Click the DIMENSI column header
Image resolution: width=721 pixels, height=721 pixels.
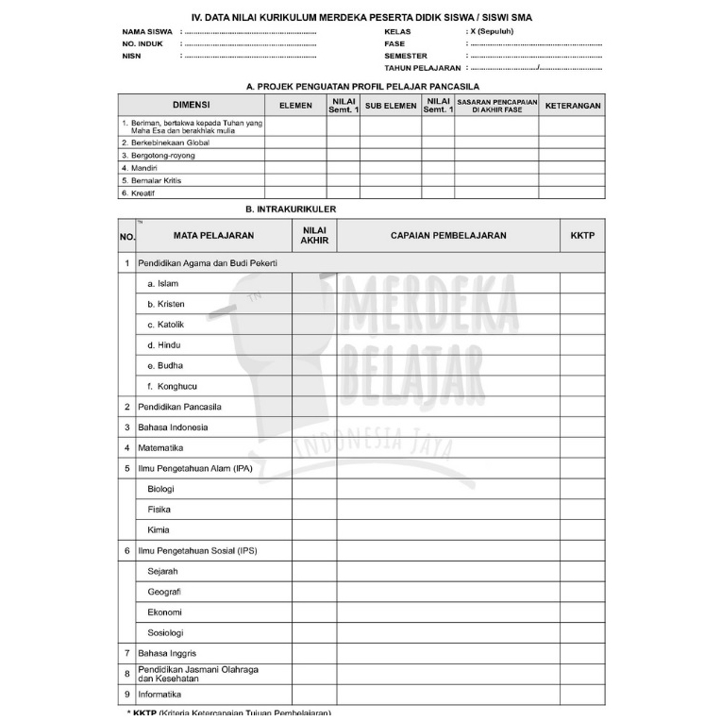point(191,106)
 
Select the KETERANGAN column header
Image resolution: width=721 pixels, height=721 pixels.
point(572,106)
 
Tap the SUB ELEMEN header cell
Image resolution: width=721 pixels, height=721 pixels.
point(391,106)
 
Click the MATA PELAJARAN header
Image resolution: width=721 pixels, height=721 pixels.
point(213,235)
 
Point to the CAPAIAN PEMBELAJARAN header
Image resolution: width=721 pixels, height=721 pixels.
point(448,235)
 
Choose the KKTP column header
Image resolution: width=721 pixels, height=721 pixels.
point(582,235)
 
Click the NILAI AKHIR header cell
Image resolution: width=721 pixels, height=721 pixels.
point(314,235)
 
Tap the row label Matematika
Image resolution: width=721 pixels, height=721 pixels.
point(160,447)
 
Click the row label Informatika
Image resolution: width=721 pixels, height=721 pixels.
point(160,694)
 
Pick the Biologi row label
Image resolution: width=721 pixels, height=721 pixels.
point(161,489)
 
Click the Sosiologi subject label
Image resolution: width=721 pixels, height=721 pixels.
point(165,632)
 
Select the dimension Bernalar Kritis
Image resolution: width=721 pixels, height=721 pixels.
point(154,179)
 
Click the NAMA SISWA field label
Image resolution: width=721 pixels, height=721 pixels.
point(146,31)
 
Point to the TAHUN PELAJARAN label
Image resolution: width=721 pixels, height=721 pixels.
point(422,68)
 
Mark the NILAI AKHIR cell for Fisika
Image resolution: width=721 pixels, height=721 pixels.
point(314,510)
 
